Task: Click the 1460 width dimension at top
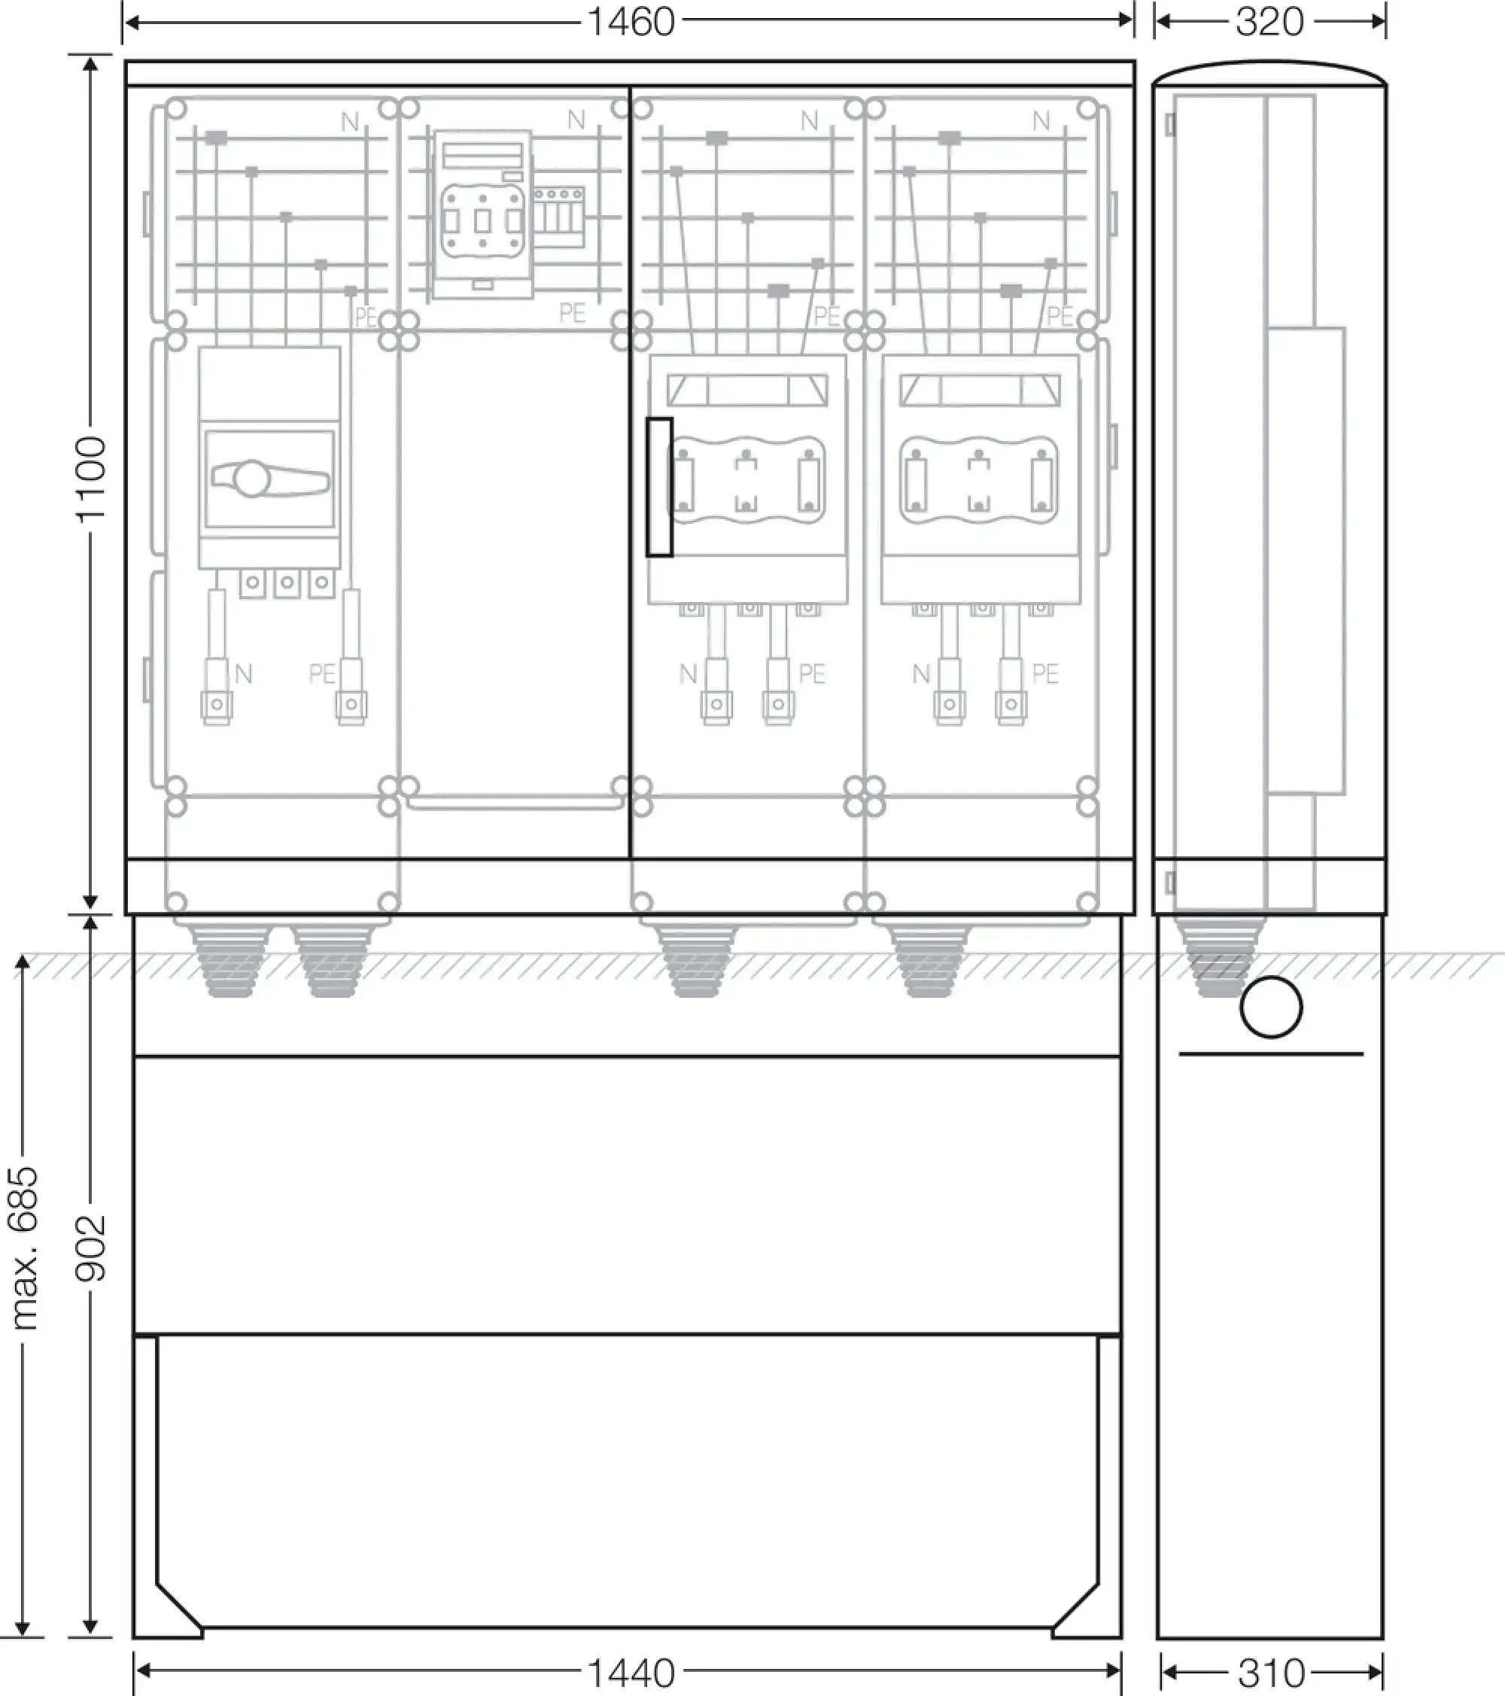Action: [631, 22]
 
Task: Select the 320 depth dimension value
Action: [1269, 22]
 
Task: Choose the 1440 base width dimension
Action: [631, 1673]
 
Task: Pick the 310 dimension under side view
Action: [1272, 1673]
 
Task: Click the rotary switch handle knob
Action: [250, 479]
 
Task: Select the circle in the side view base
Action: [1271, 1008]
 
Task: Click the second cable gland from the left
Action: [333, 960]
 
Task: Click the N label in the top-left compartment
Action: [350, 122]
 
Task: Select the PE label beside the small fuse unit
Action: [573, 313]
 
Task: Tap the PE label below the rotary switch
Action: [322, 673]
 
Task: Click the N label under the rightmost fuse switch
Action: [921, 673]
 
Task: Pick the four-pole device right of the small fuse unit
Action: [558, 217]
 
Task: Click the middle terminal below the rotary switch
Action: [287, 582]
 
